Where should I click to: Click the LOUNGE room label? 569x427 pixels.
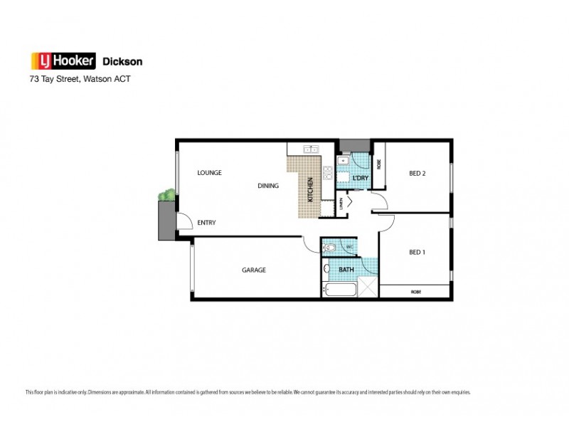[210, 172]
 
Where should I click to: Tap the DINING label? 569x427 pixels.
[268, 186]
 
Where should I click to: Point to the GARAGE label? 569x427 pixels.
[253, 270]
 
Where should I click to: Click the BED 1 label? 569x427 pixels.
[418, 252]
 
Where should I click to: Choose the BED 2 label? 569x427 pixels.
[418, 172]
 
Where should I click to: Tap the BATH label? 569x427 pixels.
[346, 270]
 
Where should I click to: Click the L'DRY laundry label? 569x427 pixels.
[360, 177]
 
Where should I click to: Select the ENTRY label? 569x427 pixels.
[206, 223]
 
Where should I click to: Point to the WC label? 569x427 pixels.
[350, 248]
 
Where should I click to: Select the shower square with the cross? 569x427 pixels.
[368, 288]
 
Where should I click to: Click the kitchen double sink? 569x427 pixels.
[311, 149]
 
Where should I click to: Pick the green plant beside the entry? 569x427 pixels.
[167, 194]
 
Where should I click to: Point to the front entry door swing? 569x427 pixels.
[184, 222]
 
